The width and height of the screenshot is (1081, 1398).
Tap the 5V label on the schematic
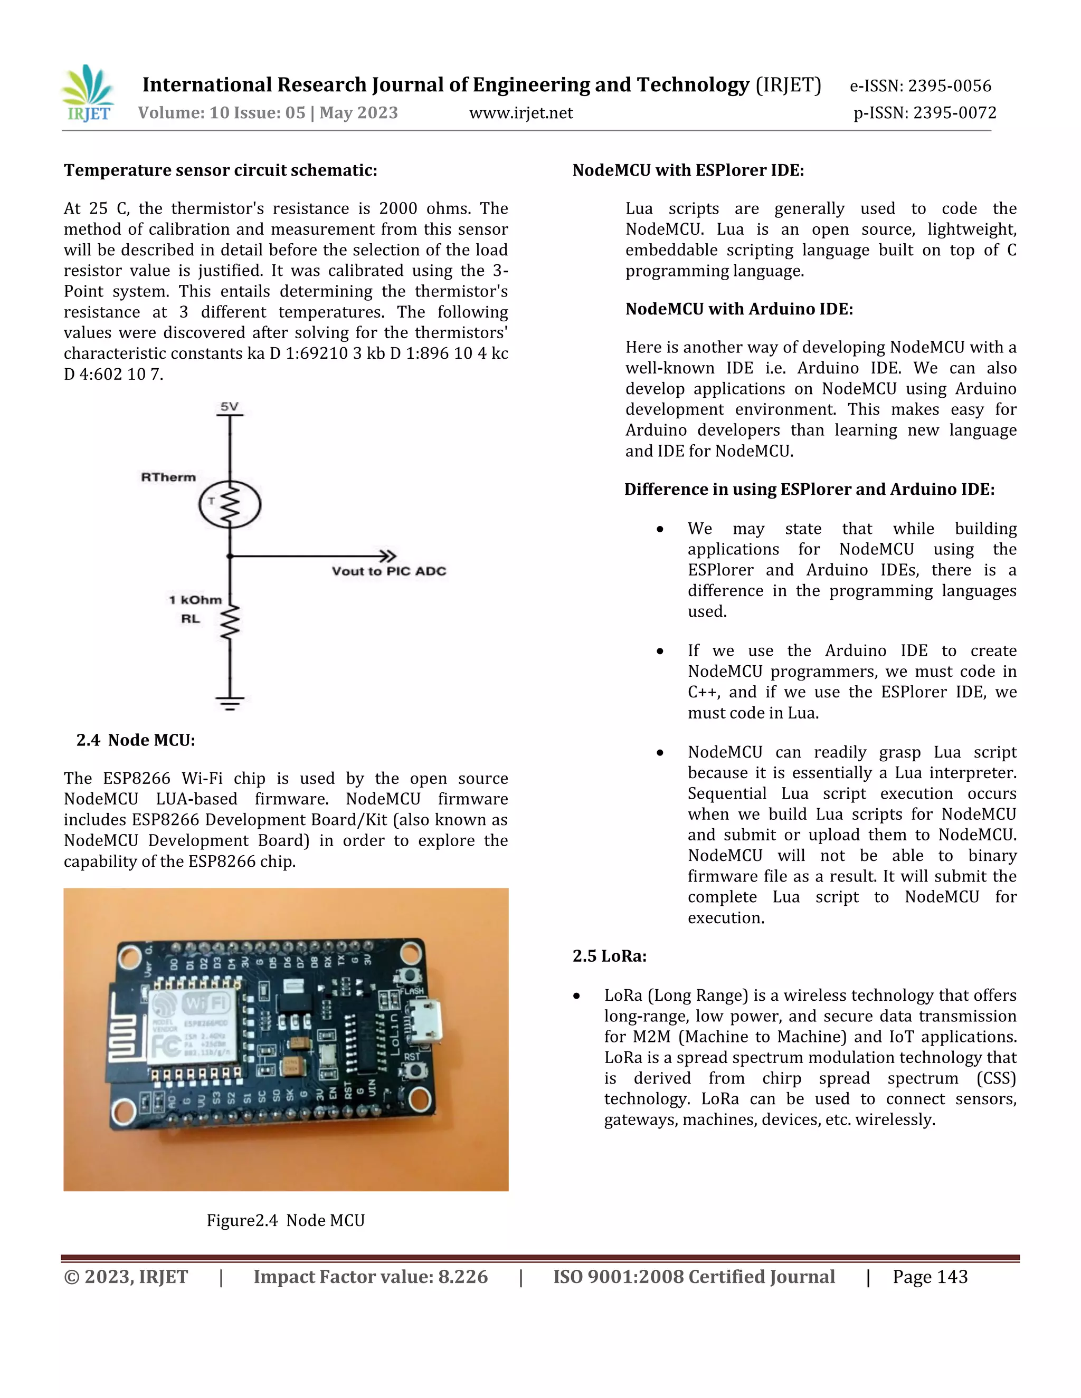click(229, 406)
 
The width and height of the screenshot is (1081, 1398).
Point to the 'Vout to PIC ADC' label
click(388, 571)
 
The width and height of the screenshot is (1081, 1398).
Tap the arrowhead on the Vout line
click(388, 556)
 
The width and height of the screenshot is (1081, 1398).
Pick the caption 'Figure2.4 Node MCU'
click(286, 1220)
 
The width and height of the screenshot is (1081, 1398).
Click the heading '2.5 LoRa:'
click(609, 956)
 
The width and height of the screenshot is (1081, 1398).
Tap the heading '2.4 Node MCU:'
click(136, 740)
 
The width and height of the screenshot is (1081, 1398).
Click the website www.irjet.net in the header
click(520, 113)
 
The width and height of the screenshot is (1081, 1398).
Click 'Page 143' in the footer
click(930, 1277)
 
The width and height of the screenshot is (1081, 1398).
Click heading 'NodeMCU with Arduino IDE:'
click(739, 309)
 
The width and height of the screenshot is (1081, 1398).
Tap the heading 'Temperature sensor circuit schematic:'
click(220, 170)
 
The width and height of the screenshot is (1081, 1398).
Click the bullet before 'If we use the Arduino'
click(660, 652)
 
